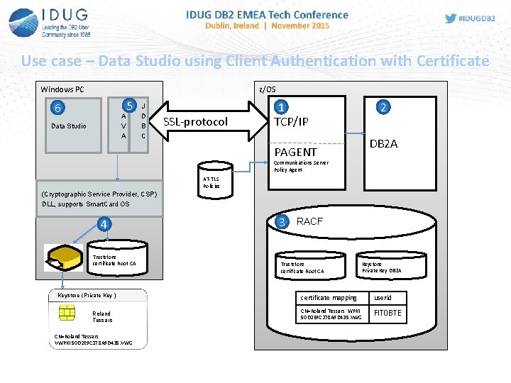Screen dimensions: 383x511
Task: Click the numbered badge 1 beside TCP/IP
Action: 282,108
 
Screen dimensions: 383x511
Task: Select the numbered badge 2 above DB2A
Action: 383,108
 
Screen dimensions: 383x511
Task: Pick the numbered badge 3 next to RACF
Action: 282,222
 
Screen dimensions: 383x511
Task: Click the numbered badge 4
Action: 104,226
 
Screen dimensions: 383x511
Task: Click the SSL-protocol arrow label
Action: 196,122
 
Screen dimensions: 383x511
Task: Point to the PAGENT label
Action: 295,152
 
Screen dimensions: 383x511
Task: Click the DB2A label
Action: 384,144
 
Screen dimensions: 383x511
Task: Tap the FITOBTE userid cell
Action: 388,313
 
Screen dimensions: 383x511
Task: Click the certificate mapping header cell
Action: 329,297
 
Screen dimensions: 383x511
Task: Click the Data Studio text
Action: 69,126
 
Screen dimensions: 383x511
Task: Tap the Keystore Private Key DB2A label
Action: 381,267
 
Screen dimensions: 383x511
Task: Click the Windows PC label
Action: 62,89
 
